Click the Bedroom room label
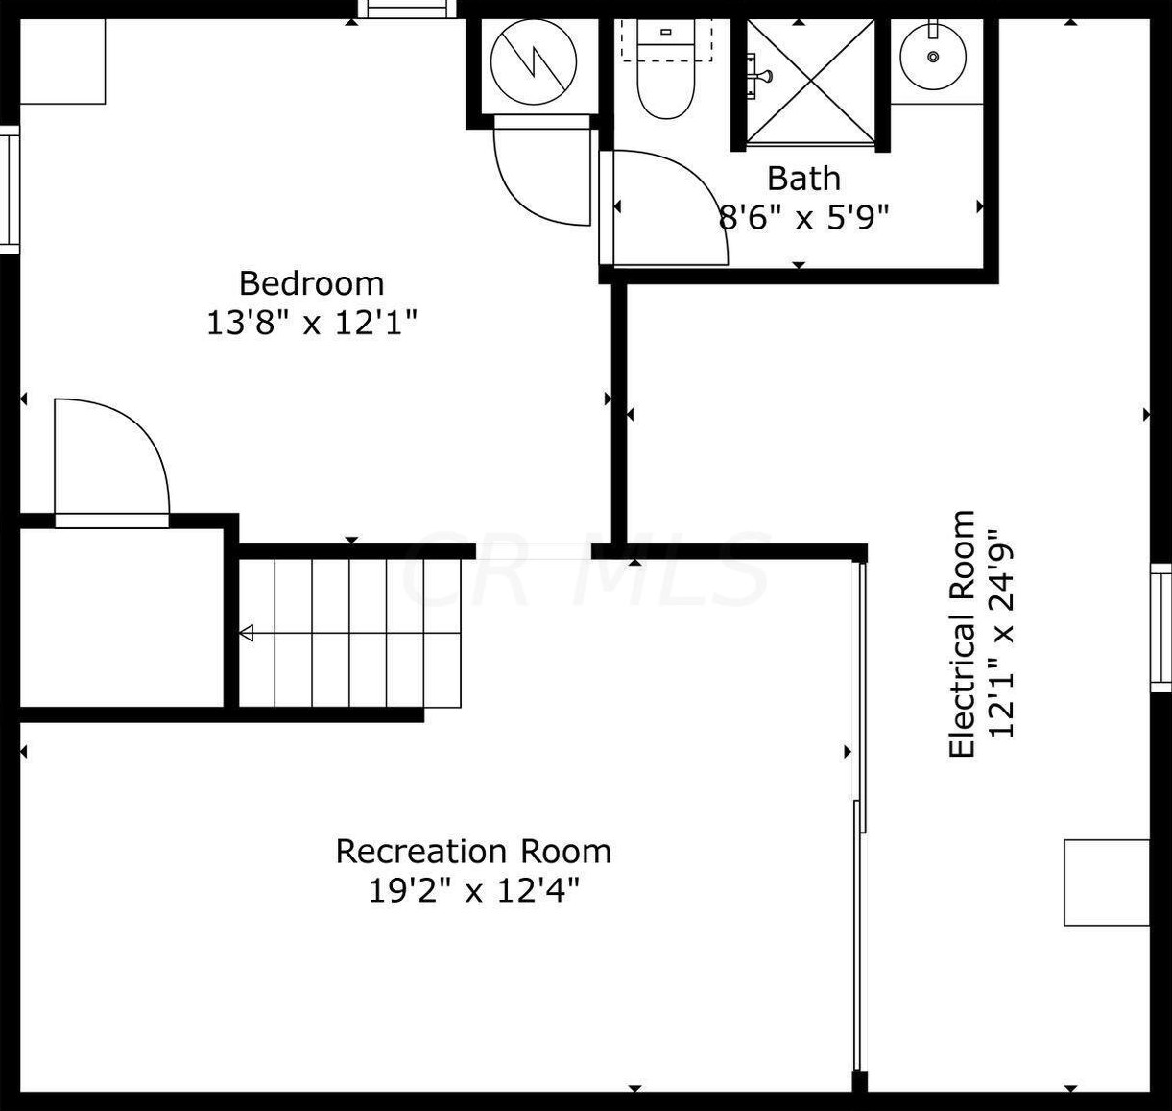pos(311,283)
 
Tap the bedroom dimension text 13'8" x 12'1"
pos(311,323)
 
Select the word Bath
pos(803,179)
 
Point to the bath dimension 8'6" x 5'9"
pos(803,217)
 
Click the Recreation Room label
pos(473,851)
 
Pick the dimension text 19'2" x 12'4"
pos(473,891)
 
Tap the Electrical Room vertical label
pos(961,634)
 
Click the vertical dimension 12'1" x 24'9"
pos(1001,634)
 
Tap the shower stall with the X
pos(811,82)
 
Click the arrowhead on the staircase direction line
pos(246,633)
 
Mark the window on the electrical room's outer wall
pos(1160,627)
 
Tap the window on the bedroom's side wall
pos(10,189)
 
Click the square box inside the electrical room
pos(1107,882)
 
